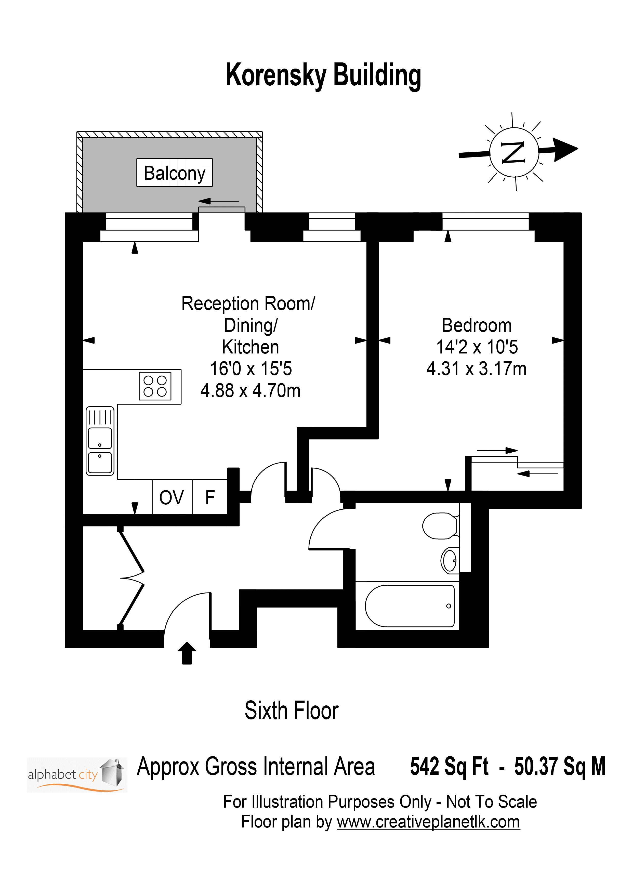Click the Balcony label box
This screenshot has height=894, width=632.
pos(175,173)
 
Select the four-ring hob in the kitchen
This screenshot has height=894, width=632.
pos(155,386)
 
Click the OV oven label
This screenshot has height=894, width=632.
pos(171,498)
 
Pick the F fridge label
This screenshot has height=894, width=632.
pos(210,498)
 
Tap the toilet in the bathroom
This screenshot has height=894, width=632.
pos(440,526)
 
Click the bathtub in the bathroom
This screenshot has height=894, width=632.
pos(410,606)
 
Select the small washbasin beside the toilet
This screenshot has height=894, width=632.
pos(450,560)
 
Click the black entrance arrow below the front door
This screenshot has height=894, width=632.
pos(187,653)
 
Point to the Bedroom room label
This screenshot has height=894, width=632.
pos(477,325)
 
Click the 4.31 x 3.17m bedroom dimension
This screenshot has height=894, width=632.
pos(476,369)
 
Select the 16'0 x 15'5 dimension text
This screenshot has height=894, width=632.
pos(251,369)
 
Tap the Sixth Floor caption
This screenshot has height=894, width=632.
pos(291,710)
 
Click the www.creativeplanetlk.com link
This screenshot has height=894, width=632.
pos(428,822)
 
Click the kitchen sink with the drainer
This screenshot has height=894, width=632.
pos(100,441)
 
